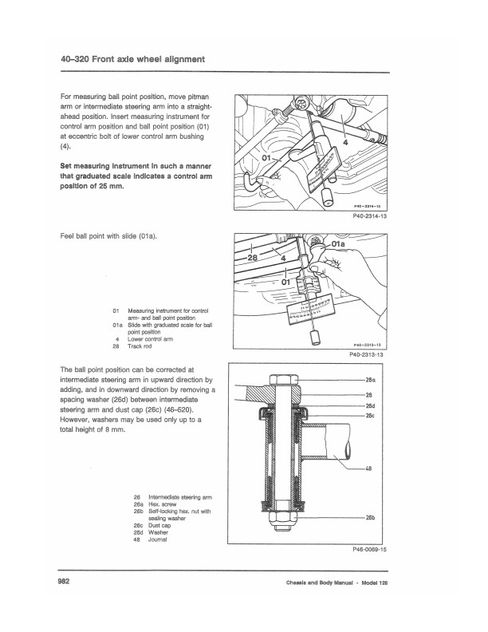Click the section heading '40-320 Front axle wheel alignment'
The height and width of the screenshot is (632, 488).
[x=132, y=59]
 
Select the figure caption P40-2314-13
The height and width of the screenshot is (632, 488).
[x=368, y=215]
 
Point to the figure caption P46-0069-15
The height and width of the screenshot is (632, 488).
[x=368, y=550]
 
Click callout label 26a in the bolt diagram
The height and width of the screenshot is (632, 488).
[x=370, y=381]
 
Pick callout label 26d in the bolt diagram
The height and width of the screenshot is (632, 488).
[x=370, y=405]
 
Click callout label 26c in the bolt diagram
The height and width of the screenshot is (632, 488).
[x=370, y=415]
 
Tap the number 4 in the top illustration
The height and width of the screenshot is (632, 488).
[x=345, y=142]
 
